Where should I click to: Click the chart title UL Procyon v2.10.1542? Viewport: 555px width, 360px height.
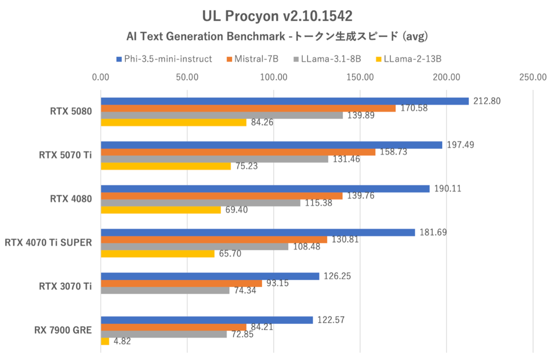tap(277, 16)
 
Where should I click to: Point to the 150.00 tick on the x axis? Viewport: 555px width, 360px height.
tap(360, 77)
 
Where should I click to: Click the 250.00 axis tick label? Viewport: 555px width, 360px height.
tap(533, 77)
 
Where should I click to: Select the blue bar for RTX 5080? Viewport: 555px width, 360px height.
tap(284, 101)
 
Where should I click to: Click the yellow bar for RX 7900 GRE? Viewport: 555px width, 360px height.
tap(105, 342)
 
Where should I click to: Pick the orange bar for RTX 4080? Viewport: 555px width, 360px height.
tap(222, 196)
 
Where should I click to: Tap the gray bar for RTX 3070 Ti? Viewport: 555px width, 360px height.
tap(165, 291)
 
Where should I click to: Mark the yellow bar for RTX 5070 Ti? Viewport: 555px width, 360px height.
tap(166, 166)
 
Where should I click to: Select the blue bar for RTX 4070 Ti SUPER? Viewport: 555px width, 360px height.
tap(258, 232)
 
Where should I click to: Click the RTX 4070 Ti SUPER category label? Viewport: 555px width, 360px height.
tap(48, 243)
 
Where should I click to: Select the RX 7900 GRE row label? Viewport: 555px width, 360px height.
tap(62, 330)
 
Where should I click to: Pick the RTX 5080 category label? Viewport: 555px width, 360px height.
tap(71, 112)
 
